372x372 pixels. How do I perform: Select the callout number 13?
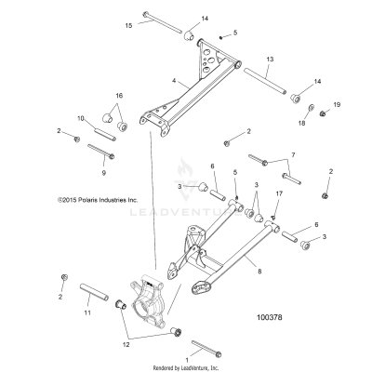[269, 59]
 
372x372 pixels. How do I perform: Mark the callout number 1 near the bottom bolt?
[189, 357]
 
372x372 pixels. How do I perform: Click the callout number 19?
[338, 104]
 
